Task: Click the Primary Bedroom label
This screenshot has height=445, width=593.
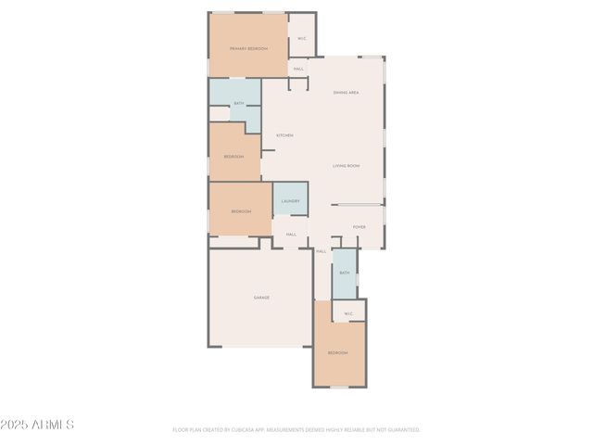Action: pos(248,48)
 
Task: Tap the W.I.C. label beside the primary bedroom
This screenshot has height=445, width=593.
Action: pos(302,38)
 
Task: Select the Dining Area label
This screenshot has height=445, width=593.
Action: pos(347,93)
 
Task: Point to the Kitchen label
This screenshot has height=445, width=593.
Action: pos(284,136)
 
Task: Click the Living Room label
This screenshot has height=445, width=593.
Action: pos(347,166)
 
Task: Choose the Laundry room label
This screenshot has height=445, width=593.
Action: pos(290,200)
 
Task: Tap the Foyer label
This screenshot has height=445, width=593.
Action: pos(359,227)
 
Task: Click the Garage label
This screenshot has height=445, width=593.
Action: pos(261,298)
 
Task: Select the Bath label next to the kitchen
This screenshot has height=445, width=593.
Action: pos(239,103)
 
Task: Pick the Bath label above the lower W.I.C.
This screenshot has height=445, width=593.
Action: pos(344,273)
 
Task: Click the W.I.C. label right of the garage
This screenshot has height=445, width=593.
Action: pos(348,314)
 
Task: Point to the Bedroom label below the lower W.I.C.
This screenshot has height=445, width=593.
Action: pos(337,353)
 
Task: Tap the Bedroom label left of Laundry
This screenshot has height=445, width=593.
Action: pos(241,211)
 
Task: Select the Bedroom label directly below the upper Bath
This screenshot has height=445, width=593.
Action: pos(233,157)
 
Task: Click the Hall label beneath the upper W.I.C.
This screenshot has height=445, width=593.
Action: pos(298,69)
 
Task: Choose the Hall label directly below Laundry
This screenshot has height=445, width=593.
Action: pos(291,234)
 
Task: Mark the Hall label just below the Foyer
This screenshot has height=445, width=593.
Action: pos(322,251)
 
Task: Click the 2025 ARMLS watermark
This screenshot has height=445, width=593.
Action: pos(38,425)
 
